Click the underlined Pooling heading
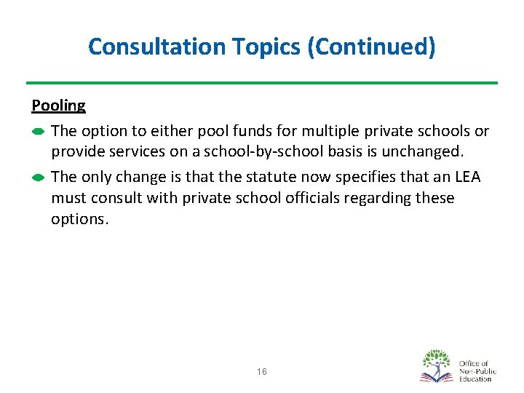58,106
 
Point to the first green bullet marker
39,132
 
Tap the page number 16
262,372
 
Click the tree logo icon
437,366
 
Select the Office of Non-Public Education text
477,370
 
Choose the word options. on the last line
79,218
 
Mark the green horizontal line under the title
262,82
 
